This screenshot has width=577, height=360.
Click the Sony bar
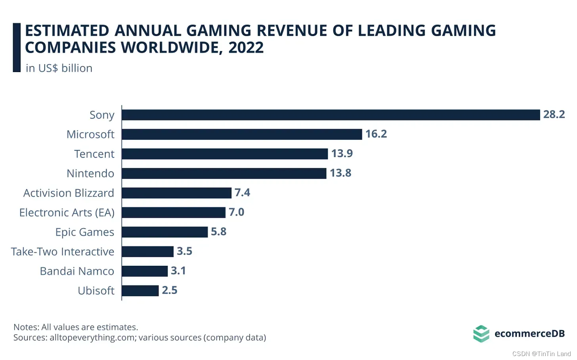331,115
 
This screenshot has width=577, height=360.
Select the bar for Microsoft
242,134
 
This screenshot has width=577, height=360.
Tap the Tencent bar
225,154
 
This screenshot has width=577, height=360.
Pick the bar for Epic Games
164,232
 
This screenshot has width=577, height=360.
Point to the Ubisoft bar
140,291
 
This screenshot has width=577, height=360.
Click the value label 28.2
554,114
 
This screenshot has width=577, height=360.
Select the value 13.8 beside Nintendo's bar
340,173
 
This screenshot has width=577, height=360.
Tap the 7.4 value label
242,192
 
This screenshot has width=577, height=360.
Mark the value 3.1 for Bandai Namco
178,271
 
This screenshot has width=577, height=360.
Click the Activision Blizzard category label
69,193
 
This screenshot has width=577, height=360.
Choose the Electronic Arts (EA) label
67,213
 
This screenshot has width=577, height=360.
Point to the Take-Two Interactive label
63,252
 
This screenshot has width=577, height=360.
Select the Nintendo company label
90,173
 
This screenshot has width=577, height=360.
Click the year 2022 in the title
246,48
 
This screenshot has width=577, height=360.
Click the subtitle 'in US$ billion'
59,68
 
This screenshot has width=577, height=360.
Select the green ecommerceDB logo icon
481,333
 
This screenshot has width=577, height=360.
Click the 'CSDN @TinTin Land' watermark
541,354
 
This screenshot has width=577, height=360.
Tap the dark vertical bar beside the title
17,48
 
